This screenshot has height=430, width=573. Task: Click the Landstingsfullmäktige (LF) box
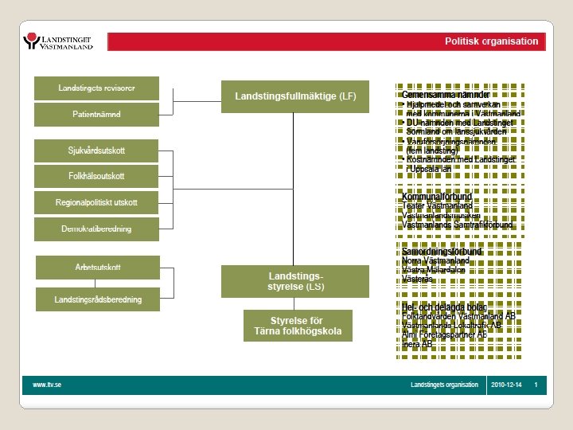[295, 96]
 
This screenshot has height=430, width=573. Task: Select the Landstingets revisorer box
[96, 88]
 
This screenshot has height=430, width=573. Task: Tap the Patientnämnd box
[96, 115]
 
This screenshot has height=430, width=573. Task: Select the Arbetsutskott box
[98, 267]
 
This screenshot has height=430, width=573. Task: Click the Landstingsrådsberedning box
[98, 299]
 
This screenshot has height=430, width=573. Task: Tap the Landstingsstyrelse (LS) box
[295, 280]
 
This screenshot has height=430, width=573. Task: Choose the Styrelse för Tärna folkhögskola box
[298, 326]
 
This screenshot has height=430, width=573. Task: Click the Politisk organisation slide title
[491, 41]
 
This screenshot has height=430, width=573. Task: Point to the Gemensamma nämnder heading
[446, 95]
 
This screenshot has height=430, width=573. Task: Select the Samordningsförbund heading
[442, 252]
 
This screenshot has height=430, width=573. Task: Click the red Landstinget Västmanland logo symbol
[32, 41]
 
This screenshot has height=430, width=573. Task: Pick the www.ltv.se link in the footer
[47, 385]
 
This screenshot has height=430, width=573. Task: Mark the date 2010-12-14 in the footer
[505, 385]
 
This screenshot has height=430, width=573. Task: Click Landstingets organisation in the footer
[444, 385]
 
